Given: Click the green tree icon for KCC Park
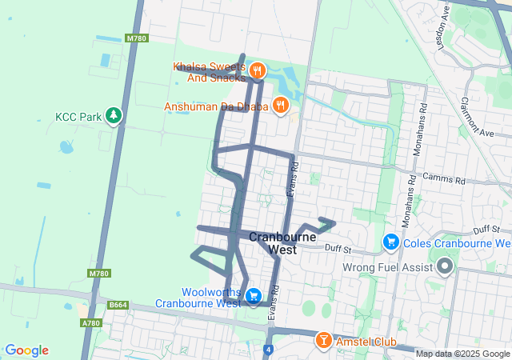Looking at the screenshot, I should click(x=114, y=116).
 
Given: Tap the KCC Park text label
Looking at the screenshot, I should click(x=78, y=117).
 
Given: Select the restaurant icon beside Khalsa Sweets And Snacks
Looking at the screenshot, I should click(x=257, y=70).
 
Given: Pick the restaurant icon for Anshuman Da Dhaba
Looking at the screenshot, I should click(x=280, y=104).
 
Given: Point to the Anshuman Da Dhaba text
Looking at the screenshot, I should click(x=217, y=106).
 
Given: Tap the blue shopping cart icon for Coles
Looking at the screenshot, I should click(x=391, y=241).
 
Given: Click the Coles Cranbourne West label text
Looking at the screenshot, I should click(x=457, y=243).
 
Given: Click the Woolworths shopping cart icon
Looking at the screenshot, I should click(x=254, y=296).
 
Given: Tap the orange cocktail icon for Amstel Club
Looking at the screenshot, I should click(x=323, y=341).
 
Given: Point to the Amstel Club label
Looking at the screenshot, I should click(x=366, y=342).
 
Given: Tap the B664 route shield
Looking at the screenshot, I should click(x=118, y=305).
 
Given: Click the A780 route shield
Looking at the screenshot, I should click(x=91, y=323).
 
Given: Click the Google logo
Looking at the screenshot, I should click(x=27, y=350).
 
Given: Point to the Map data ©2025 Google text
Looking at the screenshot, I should click(x=462, y=354).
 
